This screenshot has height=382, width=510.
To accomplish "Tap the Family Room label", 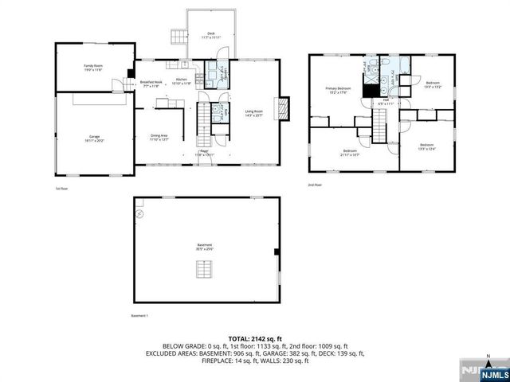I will click(95, 68).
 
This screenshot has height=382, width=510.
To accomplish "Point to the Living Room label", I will click(253, 114).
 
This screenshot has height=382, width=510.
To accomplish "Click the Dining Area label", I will click(159, 137).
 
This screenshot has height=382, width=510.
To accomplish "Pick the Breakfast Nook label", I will click(151, 83).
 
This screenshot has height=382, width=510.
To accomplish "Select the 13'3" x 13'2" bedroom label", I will click(433, 84).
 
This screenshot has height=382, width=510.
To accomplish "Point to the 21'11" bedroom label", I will click(350, 152).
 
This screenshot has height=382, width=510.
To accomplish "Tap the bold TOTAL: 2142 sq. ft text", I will click(256, 339).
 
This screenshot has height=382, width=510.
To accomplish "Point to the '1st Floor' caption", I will click(61, 189).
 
